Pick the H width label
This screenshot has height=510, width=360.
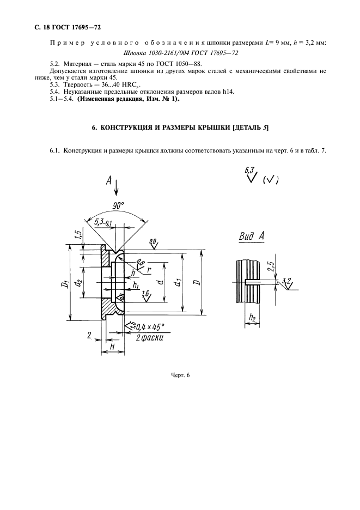pos(112,346)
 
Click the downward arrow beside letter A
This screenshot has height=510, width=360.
pos(117,188)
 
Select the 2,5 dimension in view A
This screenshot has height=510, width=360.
pos(271,268)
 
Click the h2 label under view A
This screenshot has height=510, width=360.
pos(252,317)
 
